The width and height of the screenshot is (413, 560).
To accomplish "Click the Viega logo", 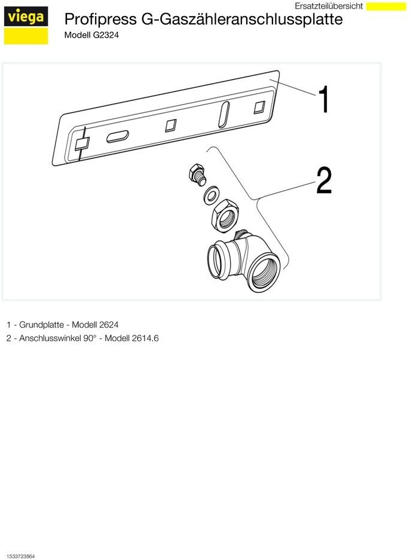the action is tap(26, 25).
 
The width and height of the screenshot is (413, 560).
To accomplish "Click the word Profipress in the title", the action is tap(100, 19).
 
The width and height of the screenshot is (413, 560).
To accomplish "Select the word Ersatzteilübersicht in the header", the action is tap(329, 6).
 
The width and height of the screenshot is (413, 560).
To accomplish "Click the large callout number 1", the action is tap(324, 99).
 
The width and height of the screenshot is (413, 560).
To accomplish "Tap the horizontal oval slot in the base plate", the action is tap(118, 136).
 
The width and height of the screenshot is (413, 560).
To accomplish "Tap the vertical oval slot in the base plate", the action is tap(224, 114).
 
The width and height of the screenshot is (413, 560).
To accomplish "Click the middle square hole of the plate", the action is tap(171, 126).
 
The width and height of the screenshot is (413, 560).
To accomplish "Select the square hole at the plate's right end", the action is tap(259, 107).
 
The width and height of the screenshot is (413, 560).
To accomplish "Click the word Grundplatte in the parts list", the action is tap(41, 325).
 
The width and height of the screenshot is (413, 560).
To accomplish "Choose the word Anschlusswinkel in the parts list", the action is tap(50, 338).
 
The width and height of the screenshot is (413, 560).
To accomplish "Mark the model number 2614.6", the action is tap(145, 338).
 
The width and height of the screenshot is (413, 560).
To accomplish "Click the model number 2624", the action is tap(109, 325).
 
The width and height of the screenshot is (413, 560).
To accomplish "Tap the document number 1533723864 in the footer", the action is tap(20, 556).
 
